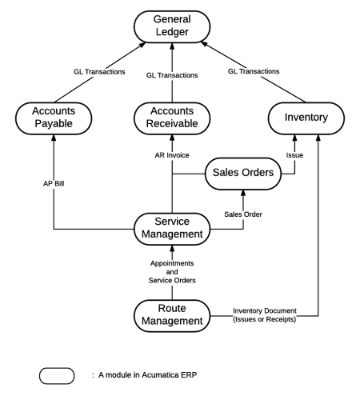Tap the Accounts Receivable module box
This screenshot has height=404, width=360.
174,119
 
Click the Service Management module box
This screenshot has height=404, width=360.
174,230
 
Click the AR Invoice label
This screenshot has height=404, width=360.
172,154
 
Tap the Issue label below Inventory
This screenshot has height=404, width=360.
295,154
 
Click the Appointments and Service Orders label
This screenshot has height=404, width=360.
174,273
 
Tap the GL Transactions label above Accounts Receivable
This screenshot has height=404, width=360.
174,74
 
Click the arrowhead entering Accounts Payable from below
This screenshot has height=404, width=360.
54,139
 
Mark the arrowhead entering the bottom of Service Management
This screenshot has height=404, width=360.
174,250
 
